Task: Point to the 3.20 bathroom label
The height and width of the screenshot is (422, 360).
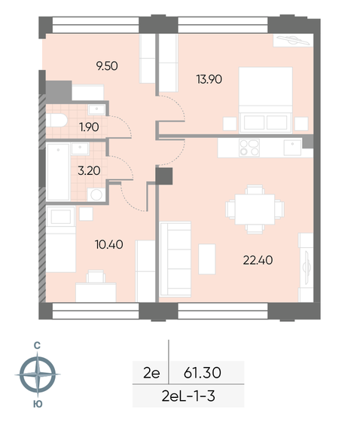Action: point(90,170)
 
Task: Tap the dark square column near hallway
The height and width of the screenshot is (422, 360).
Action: point(163,176)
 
